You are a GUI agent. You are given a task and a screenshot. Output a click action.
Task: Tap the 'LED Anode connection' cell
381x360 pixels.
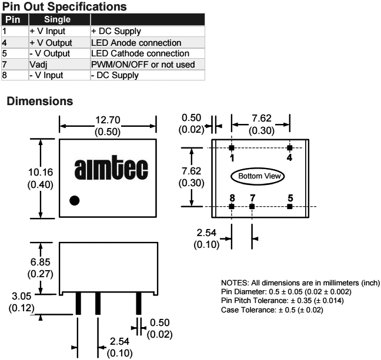[135, 43]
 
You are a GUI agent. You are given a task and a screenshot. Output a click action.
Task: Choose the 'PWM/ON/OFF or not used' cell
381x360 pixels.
[141, 64]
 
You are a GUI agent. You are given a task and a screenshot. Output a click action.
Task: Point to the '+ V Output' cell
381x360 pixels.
[50, 43]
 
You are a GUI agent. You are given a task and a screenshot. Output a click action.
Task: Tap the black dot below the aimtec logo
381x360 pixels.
[75, 200]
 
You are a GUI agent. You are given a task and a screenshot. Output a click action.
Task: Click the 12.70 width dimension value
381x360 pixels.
[108, 120]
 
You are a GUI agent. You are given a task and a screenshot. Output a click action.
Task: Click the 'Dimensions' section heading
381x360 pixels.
[40, 101]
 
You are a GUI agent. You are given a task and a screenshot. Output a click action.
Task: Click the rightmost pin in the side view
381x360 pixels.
[139, 302]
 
